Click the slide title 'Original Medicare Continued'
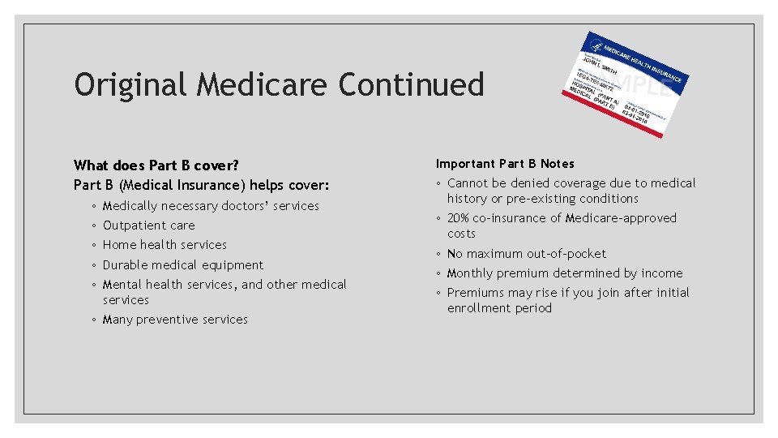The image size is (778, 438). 279,85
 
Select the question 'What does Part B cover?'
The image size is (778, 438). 156,165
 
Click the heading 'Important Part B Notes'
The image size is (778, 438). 505,164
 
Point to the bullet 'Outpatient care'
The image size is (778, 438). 148,225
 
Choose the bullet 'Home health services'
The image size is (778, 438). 165,245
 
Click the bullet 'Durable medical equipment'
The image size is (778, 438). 182,265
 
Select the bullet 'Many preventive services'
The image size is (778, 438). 175,320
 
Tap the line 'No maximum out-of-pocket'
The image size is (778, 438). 526,254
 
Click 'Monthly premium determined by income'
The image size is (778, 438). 564,273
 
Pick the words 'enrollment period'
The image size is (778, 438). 499,308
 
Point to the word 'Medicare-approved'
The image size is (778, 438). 620,218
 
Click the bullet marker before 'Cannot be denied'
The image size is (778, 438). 439,184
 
